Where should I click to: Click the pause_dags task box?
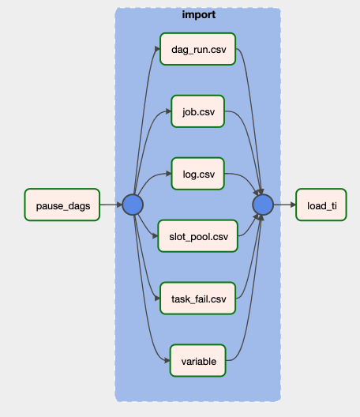[x=62, y=205]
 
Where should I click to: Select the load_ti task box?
[x=321, y=205]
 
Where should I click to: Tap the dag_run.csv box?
[x=198, y=49]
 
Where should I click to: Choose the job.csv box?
[x=198, y=111]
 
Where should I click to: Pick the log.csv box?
[x=198, y=174]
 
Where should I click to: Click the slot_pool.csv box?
[x=198, y=236]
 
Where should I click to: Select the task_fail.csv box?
[x=198, y=298]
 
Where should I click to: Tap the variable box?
[x=198, y=361]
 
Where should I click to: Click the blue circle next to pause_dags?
[x=133, y=205]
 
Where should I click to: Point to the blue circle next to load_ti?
[x=263, y=205]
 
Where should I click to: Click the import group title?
[x=199, y=15]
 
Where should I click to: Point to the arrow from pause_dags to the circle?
[x=111, y=205]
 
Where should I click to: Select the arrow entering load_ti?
[x=285, y=205]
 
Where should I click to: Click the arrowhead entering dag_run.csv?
[x=157, y=49]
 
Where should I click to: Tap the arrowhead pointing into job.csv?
[x=169, y=111]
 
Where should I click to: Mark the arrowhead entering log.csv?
[x=169, y=174]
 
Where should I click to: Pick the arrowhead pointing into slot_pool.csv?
[x=155, y=236]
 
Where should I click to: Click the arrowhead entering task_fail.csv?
[x=157, y=299]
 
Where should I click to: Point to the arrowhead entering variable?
[x=167, y=361]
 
